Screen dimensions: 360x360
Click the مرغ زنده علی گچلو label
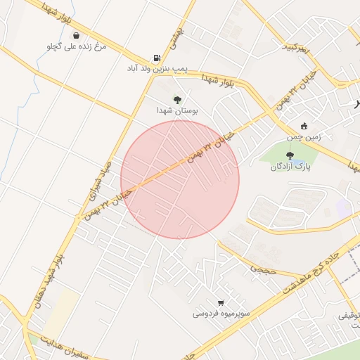(x=75, y=46)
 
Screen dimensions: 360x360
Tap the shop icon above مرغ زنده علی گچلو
(x=75, y=35)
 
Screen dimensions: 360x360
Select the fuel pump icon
(x=155, y=58)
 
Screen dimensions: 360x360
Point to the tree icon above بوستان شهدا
(x=177, y=100)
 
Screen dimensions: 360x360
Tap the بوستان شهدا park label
(x=177, y=111)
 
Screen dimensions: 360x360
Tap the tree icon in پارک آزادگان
(x=290, y=155)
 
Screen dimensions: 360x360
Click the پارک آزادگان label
(x=290, y=167)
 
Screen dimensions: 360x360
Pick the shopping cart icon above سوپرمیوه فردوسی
(x=221, y=303)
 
